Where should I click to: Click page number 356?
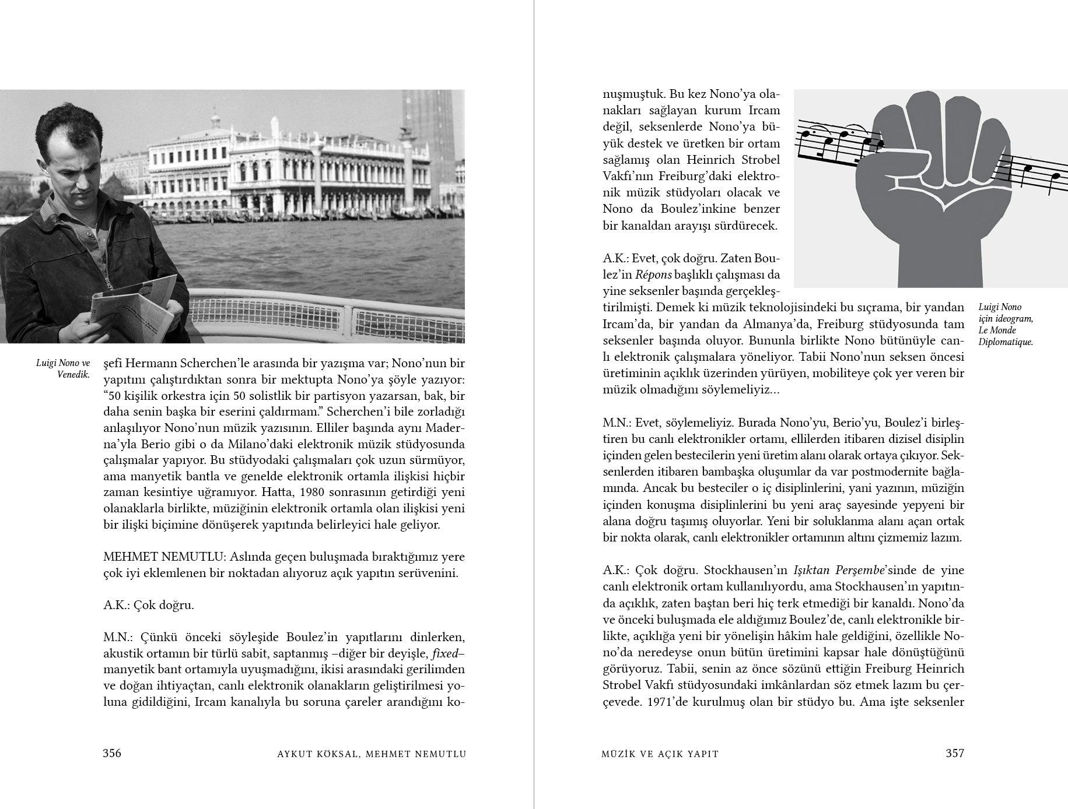pyautogui.click(x=112, y=753)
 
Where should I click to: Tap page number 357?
pyautogui.click(x=955, y=753)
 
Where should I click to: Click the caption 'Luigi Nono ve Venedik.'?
pyautogui.click(x=62, y=368)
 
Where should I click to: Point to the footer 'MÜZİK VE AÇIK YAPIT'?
pyautogui.click(x=660, y=754)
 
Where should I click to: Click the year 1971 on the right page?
pyautogui.click(x=661, y=702)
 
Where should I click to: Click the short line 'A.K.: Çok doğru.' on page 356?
pyautogui.click(x=148, y=605)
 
